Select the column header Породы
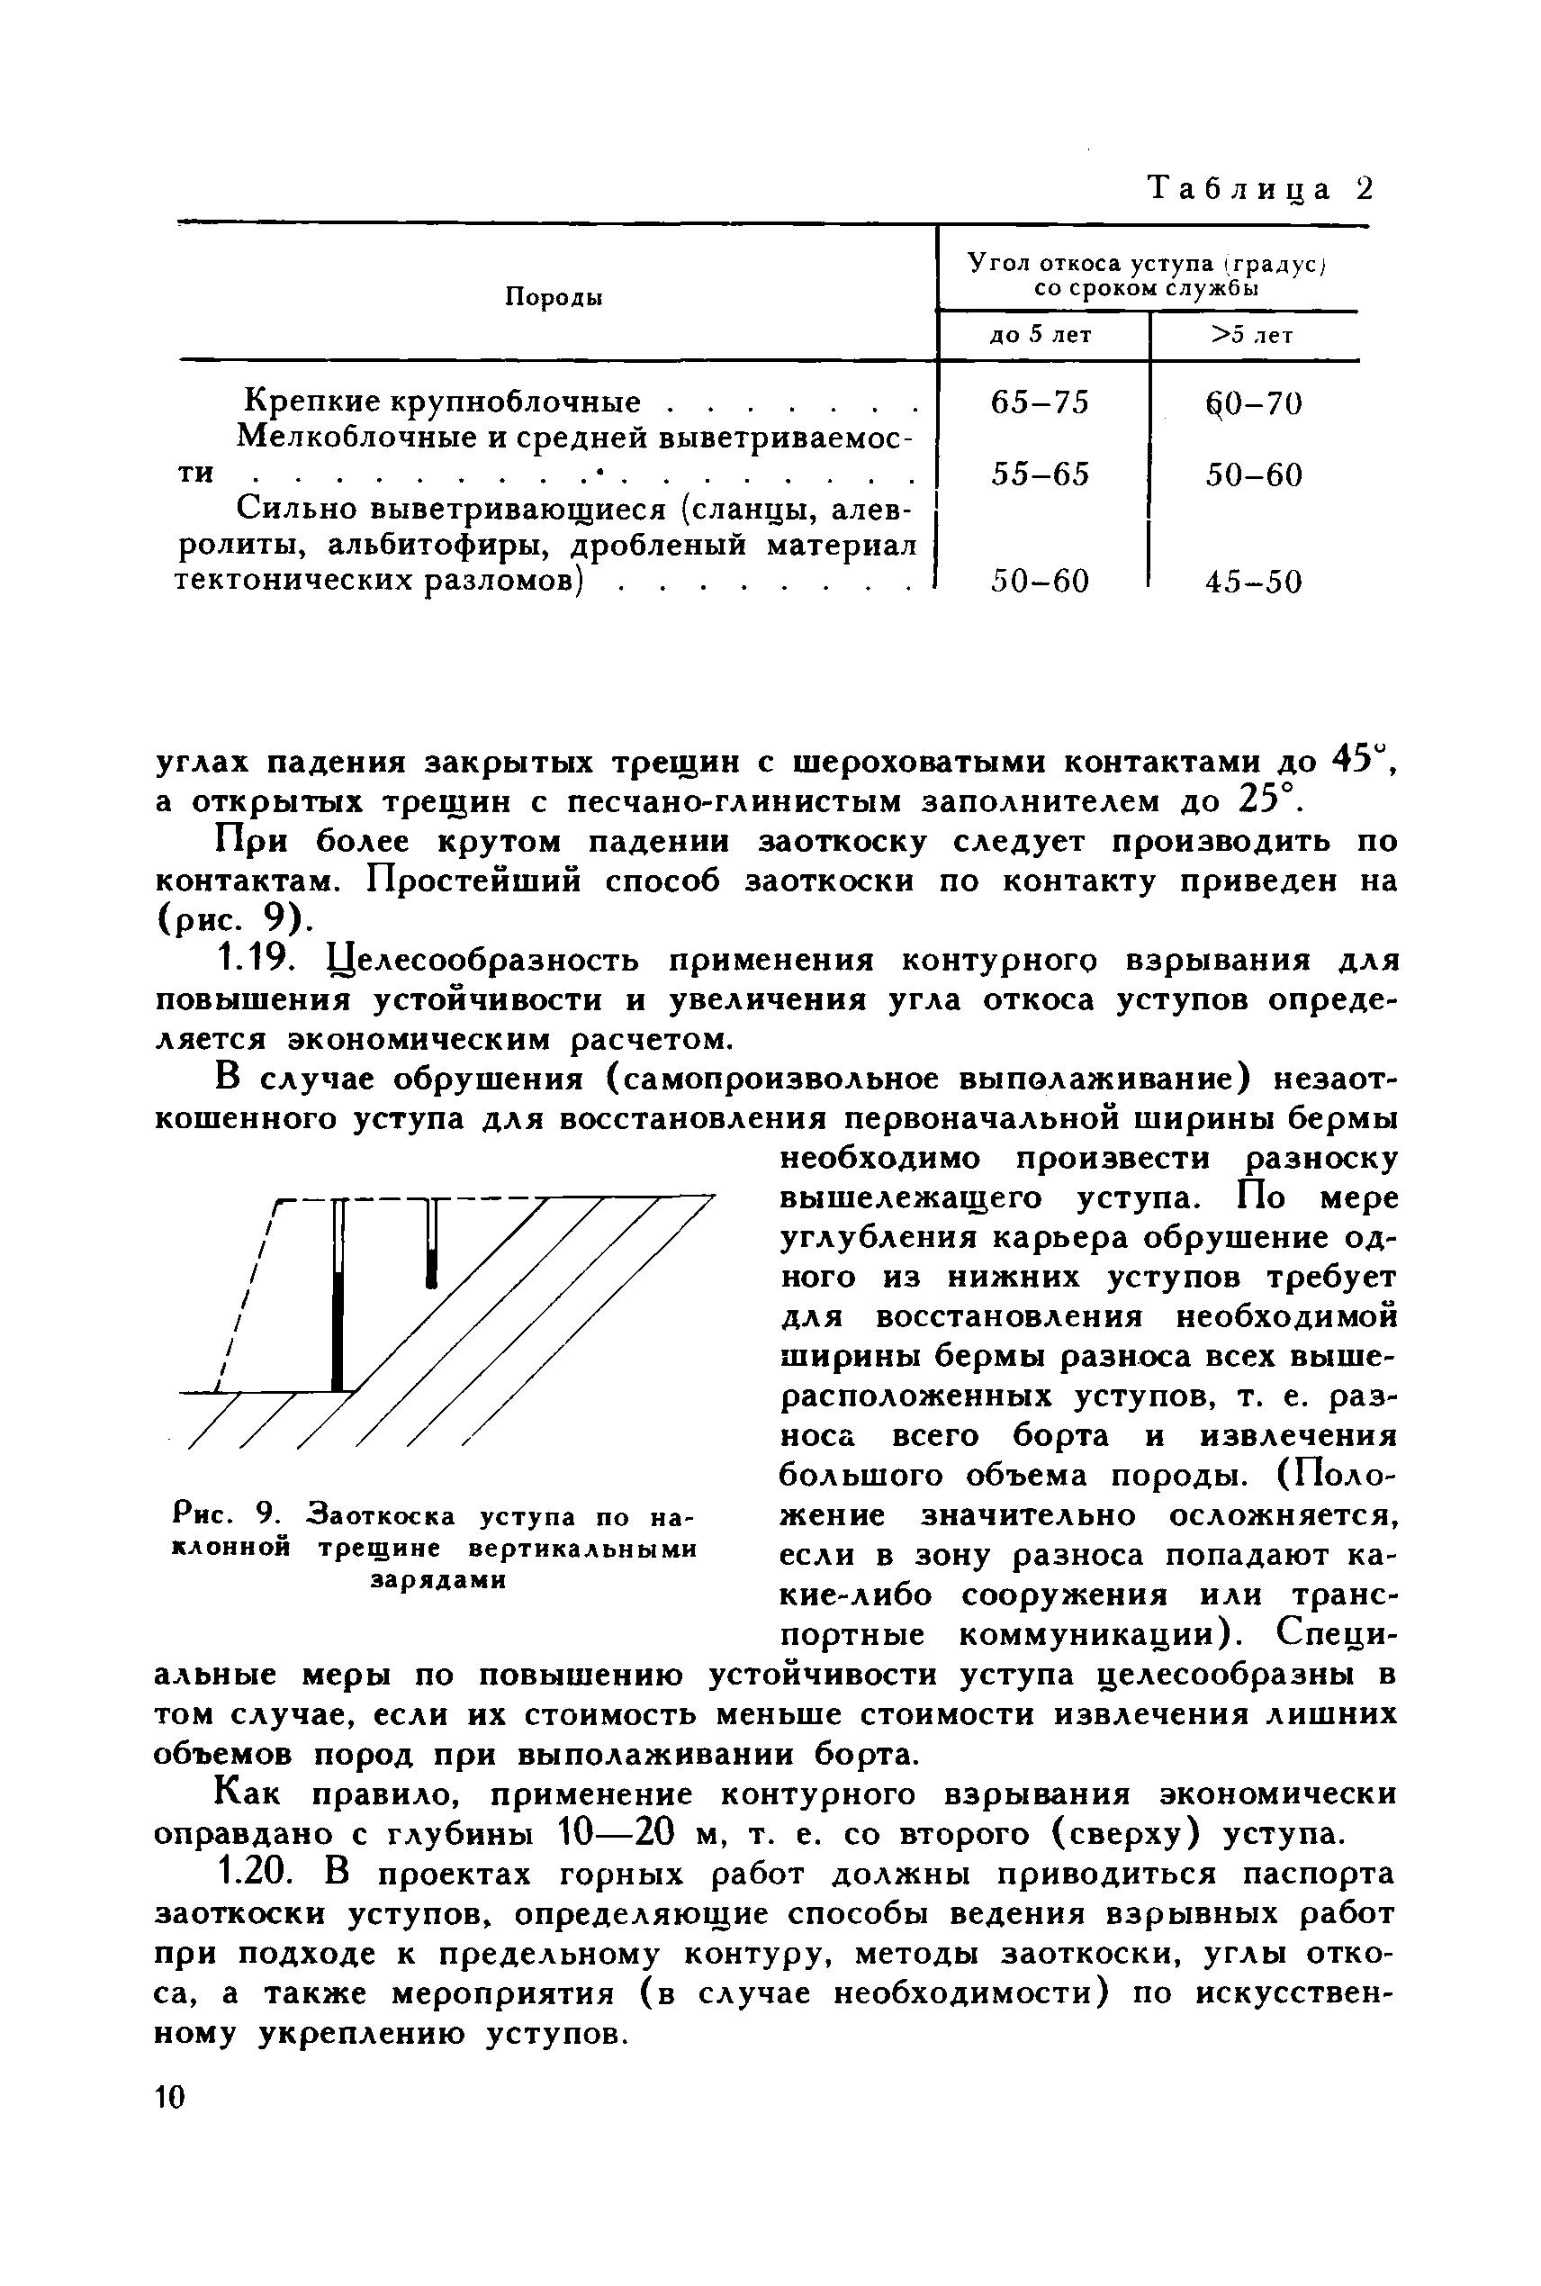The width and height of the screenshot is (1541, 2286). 554,297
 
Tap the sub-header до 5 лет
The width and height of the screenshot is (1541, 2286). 1041,335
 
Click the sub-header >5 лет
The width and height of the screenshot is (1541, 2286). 1253,335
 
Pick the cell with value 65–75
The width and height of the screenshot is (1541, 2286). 1041,403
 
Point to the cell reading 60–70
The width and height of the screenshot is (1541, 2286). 1253,403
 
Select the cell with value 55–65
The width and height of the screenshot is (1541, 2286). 1041,474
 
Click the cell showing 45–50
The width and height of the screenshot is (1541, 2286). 1253,583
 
